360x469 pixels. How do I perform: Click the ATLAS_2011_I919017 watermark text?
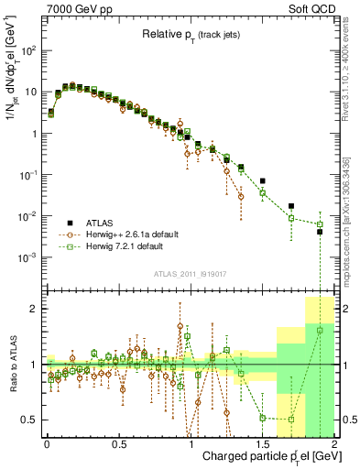click(x=191, y=273)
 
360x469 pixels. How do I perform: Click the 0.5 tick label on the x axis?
click(x=118, y=442)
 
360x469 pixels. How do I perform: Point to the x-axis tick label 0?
click(x=47, y=442)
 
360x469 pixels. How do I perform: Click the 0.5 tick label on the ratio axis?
click(x=30, y=420)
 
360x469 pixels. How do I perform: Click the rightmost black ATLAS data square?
click(x=320, y=232)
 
